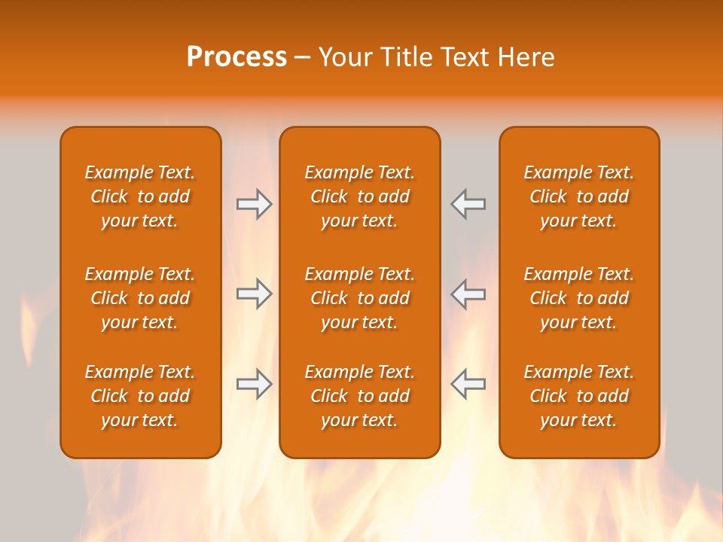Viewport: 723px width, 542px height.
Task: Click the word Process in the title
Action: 236,57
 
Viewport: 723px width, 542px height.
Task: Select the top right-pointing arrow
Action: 255,204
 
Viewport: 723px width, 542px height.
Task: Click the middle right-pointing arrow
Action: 255,294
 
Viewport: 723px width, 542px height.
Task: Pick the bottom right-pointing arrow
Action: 255,384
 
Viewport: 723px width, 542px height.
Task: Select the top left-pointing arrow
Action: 468,204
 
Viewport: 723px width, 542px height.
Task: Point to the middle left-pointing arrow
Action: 468,294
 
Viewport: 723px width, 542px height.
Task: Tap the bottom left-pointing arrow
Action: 468,384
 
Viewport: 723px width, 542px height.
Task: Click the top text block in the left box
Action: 140,196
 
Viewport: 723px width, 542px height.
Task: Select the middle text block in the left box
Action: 140,298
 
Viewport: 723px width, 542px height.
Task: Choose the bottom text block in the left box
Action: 140,396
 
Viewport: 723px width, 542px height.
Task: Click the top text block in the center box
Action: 359,196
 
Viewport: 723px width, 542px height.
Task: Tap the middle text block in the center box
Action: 359,298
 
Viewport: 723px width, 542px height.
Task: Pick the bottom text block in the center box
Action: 359,396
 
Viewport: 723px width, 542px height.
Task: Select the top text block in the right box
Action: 578,196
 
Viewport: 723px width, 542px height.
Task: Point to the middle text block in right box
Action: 578,298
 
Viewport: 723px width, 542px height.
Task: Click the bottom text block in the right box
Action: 578,396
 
